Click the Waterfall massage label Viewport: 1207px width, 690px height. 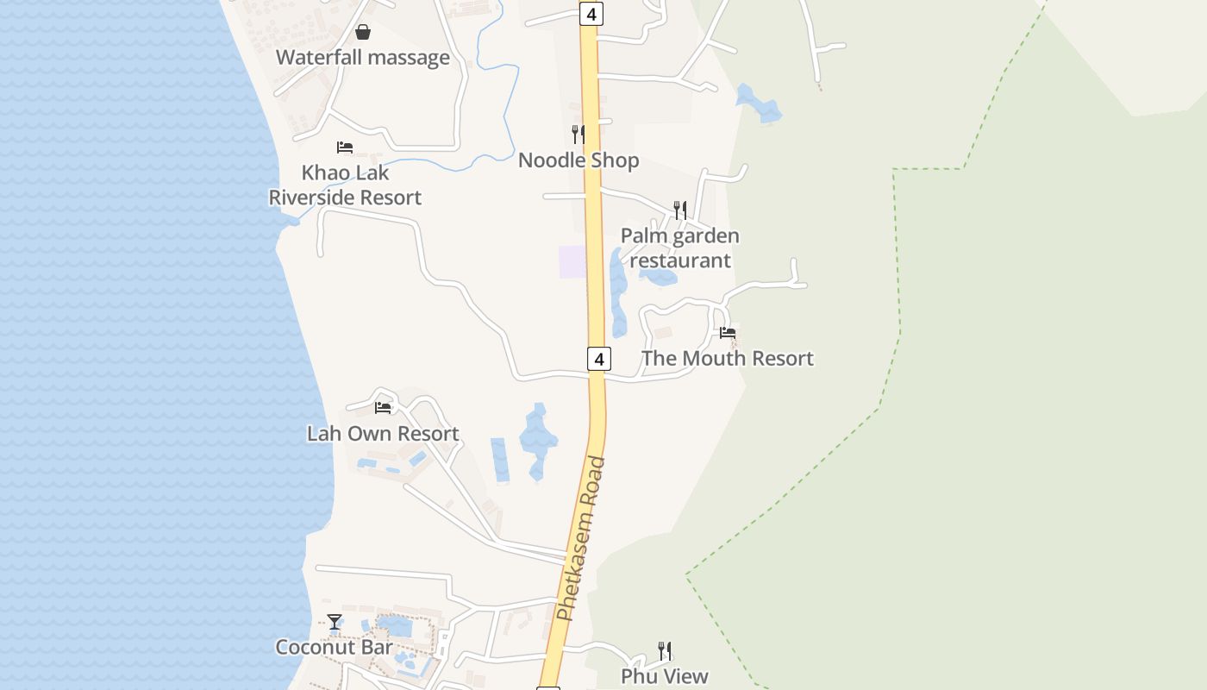363,58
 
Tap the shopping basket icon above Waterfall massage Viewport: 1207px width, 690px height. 363,33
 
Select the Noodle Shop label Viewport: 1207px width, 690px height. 578,160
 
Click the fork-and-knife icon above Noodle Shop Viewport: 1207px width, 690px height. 578,134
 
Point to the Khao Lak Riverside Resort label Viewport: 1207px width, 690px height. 345,185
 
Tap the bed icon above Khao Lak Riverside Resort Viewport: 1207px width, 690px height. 345,147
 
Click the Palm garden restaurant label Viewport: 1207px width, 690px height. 680,248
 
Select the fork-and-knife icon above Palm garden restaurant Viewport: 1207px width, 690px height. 680,210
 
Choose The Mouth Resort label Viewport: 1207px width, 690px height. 728,359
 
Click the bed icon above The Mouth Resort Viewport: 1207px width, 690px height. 728,332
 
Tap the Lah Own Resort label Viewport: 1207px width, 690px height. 383,434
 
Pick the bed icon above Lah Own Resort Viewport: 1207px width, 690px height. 383,407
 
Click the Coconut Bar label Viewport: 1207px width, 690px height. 334,647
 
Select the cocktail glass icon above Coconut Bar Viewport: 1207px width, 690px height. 335,621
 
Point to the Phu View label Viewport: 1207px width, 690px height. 665,676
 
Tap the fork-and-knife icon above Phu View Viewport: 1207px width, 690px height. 665,649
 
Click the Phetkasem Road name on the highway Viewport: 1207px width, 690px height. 582,538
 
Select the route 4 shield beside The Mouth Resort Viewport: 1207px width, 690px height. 599,359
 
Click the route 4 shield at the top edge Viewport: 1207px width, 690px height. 591,14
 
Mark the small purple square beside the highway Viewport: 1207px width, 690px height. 572,262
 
